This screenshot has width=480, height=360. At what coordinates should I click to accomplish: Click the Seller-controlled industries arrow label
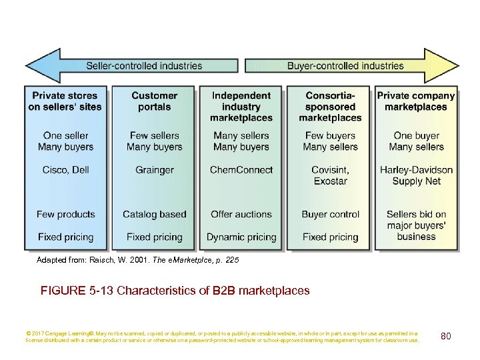[x=144, y=66]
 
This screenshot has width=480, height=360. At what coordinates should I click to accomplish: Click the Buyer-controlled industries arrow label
[x=345, y=66]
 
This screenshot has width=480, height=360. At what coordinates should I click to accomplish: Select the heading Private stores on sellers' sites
[x=65, y=101]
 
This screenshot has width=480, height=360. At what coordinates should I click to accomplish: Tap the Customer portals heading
[x=154, y=101]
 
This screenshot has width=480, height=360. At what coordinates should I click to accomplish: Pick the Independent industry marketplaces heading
[x=241, y=107]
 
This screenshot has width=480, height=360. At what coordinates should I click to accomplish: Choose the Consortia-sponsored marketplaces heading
[x=330, y=107]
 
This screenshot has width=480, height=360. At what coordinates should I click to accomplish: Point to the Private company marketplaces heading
[x=416, y=101]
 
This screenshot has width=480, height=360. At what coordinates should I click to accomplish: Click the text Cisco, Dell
[x=65, y=170]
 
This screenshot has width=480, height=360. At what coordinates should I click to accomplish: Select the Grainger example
[x=154, y=170]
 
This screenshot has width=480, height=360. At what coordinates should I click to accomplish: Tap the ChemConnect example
[x=241, y=170]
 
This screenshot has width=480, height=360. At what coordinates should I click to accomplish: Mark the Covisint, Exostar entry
[x=330, y=175]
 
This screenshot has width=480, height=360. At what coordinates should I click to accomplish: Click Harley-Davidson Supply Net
[x=416, y=175]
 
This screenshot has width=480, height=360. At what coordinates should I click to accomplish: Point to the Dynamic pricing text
[x=241, y=237]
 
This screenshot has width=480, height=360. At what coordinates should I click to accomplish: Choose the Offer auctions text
[x=241, y=214]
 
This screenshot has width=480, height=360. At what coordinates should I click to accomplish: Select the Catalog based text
[x=154, y=214]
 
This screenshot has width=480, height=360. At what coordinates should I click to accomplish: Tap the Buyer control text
[x=330, y=214]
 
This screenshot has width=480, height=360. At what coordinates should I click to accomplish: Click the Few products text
[x=65, y=214]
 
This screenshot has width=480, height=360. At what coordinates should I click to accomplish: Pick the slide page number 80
[x=445, y=336]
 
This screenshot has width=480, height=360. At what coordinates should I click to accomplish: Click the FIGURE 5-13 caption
[x=175, y=291]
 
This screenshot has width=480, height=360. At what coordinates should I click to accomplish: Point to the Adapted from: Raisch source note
[x=137, y=261]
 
